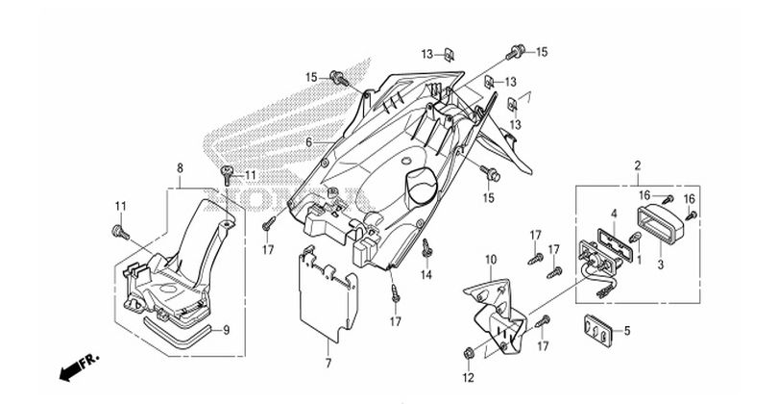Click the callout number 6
pyautogui.click(x=309, y=142)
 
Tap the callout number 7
pyautogui.click(x=327, y=363)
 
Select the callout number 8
pyautogui.click(x=180, y=168)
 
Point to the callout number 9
pyautogui.click(x=226, y=331)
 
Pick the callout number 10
pyautogui.click(x=490, y=259)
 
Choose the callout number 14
pyautogui.click(x=427, y=276)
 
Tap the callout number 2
pyautogui.click(x=637, y=167)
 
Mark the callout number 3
pyautogui.click(x=660, y=262)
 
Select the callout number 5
pyautogui.click(x=628, y=332)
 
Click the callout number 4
pyautogui.click(x=613, y=213)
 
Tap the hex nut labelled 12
pyautogui.click(x=468, y=349)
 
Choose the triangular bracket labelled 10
pyautogui.click(x=499, y=308)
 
